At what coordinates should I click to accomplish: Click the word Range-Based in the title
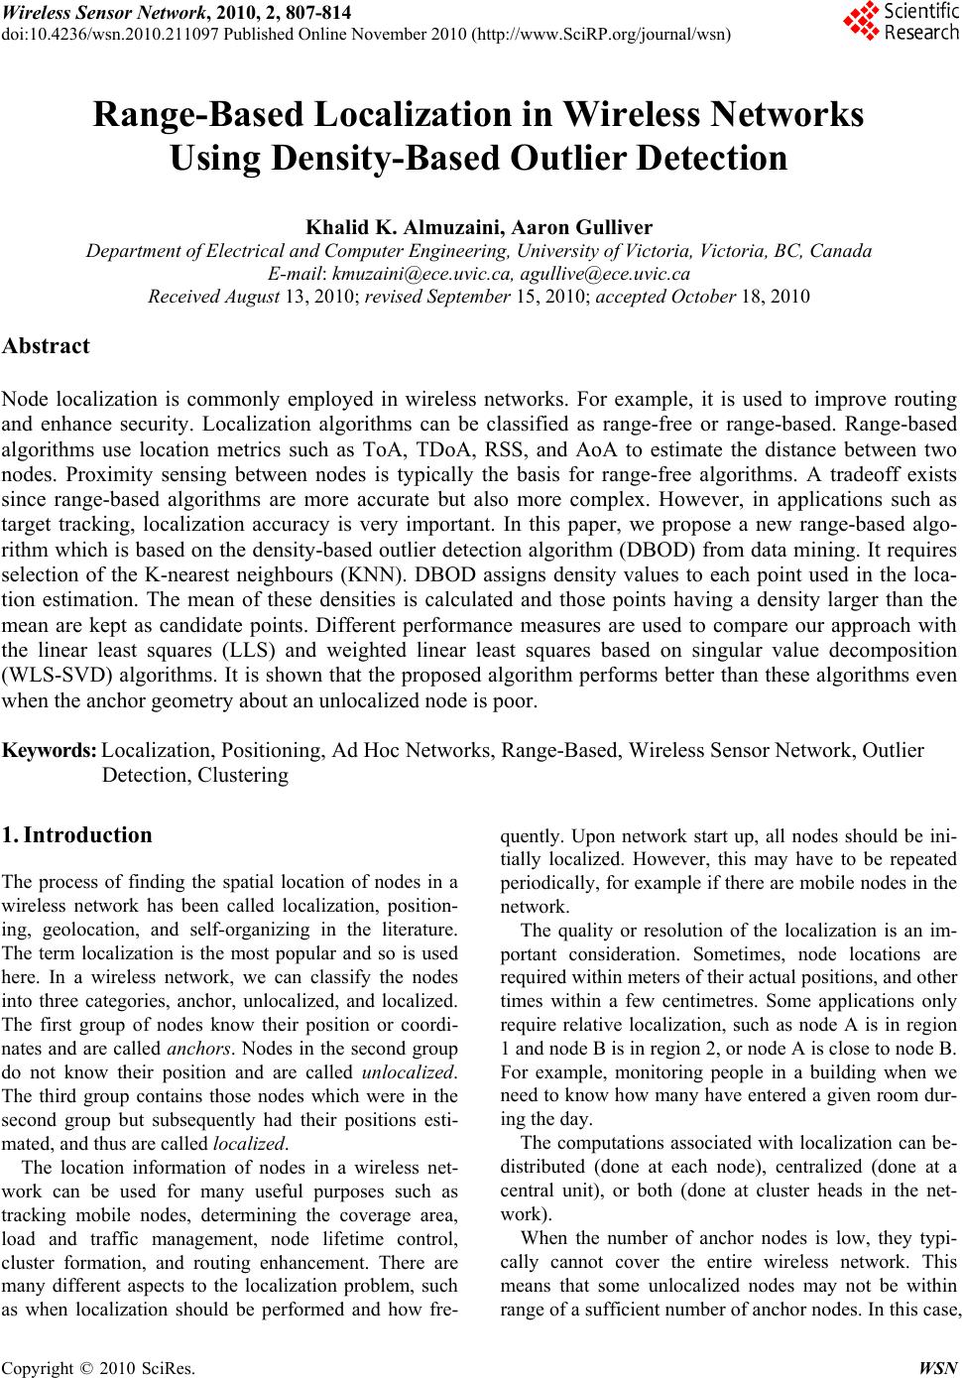pos(198,115)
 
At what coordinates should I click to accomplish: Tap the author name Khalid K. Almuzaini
pos(381,229)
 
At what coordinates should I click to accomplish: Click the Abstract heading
pos(46,346)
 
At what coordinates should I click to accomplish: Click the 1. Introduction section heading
pos(77,834)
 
